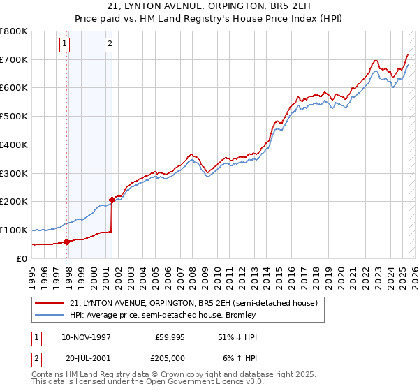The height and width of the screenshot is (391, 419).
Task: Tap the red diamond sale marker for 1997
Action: click(67, 242)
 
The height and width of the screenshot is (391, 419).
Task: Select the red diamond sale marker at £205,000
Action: click(112, 200)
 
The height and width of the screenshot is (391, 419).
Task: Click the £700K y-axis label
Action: click(14, 59)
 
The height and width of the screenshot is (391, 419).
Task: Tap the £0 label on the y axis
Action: click(22, 258)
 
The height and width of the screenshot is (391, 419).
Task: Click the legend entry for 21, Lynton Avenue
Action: click(194, 303)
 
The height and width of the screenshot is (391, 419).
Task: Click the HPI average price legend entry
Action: click(163, 315)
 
